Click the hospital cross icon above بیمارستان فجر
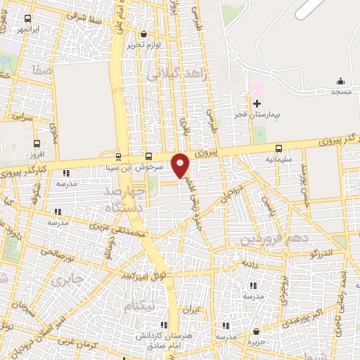257,103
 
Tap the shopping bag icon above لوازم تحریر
144,34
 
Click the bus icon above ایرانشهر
27,19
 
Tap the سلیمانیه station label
280,159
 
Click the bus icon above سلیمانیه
280,148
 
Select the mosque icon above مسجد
340,81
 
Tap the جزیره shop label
256,342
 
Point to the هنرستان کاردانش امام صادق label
164,340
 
